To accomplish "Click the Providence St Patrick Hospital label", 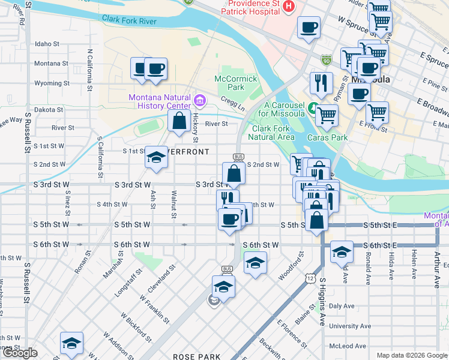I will click(x=250, y=7).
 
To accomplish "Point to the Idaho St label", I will click(x=47, y=44).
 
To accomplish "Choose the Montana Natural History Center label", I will click(x=158, y=102).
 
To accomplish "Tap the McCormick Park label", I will click(x=229, y=83).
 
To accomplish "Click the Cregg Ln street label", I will click(x=233, y=106).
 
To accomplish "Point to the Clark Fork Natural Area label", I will click(x=273, y=133).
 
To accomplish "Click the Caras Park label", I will click(x=328, y=137).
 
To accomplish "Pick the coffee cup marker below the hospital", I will click(x=309, y=27).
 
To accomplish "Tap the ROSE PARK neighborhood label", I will click(x=197, y=356).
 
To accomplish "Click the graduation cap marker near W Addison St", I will click(x=71, y=344).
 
